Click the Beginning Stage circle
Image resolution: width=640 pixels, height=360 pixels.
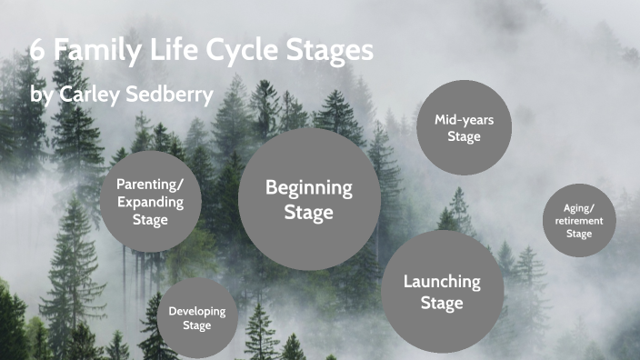click(x=309, y=199)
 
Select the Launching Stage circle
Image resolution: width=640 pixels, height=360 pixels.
click(x=442, y=291)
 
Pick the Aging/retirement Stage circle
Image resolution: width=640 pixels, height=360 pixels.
click(x=579, y=220)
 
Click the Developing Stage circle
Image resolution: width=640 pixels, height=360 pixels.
click(x=196, y=318)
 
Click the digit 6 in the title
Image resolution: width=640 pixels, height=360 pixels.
click(x=37, y=50)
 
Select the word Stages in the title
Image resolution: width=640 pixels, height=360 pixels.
click(x=332, y=50)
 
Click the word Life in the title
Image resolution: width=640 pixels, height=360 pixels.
click(x=174, y=50)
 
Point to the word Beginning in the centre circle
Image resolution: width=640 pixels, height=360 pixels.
click(x=309, y=188)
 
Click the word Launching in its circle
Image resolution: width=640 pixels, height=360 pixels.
click(x=442, y=281)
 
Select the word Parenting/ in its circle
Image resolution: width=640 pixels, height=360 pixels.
click(x=150, y=185)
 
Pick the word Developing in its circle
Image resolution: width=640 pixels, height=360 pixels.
click(x=196, y=311)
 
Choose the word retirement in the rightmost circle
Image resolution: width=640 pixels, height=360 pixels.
click(x=579, y=220)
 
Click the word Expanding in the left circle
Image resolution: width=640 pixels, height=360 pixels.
click(x=150, y=202)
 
